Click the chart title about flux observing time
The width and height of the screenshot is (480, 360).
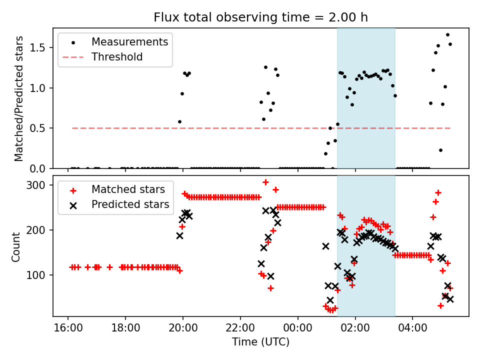tap(260, 17)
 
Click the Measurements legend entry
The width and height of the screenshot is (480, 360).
tap(129, 42)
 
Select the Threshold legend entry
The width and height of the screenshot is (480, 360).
tap(117, 57)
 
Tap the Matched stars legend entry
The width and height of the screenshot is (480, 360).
tap(127, 189)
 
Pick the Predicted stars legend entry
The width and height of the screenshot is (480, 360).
tap(130, 204)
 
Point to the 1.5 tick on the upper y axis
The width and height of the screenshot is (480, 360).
tap(40, 48)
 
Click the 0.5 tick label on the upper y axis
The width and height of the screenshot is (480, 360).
tap(40, 128)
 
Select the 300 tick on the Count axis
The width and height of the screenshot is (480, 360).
tap(40, 185)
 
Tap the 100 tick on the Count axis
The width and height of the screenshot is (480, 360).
tap(40, 275)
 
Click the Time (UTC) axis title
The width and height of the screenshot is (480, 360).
tap(260, 342)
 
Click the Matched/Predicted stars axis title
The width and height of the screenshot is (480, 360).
tap(19, 98)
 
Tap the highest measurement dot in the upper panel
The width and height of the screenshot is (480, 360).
tap(447, 35)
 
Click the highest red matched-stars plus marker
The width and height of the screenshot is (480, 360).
tap(265, 182)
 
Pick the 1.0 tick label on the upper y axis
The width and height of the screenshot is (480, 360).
tap(40, 88)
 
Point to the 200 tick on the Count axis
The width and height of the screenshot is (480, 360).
tap(40, 230)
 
